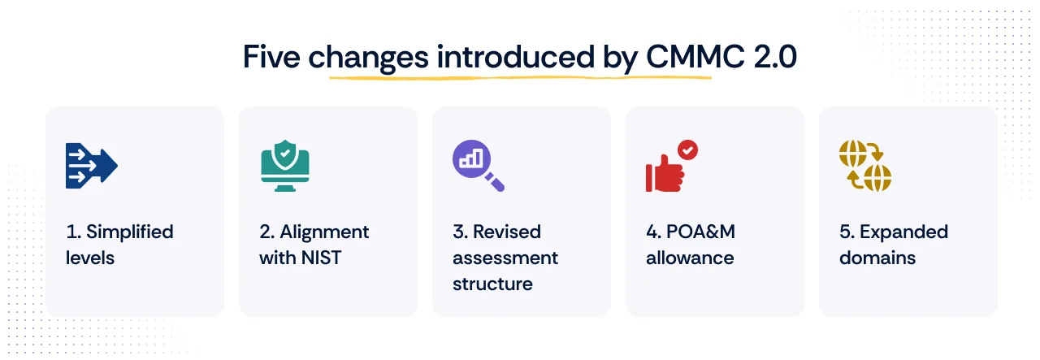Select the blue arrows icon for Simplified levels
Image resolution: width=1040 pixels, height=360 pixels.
point(91,167)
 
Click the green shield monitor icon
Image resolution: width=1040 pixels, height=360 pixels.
point(284,167)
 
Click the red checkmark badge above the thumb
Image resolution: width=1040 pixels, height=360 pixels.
point(688,150)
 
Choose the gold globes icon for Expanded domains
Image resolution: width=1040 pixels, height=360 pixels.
point(864,167)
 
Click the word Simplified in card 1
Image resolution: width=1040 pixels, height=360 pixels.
point(130,232)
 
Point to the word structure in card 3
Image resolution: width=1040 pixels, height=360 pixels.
point(492,284)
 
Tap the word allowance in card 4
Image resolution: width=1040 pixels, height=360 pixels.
point(690,258)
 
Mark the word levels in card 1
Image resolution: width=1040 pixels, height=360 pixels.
point(90,258)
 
